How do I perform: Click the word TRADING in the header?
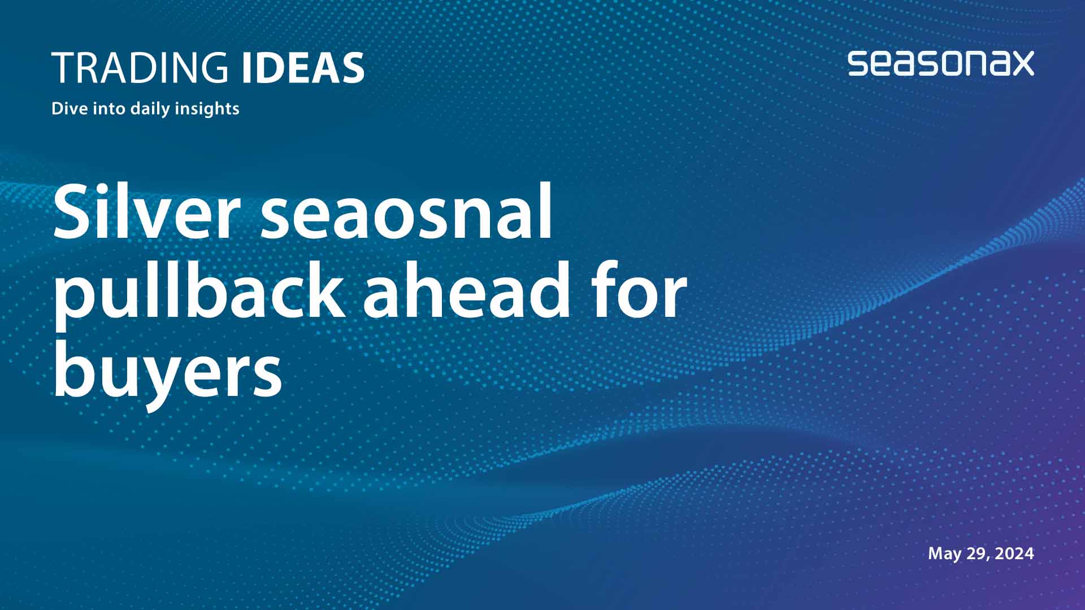pyautogui.click(x=140, y=68)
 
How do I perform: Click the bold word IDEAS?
pyautogui.click(x=303, y=68)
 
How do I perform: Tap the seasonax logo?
pyautogui.click(x=940, y=63)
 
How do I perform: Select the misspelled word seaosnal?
pyautogui.click(x=407, y=212)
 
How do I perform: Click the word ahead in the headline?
pyautogui.click(x=466, y=291)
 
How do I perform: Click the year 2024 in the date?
pyautogui.click(x=1014, y=554)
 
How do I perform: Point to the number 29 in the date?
pyautogui.click(x=977, y=554)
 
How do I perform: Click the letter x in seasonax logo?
pyautogui.click(x=1020, y=64)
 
